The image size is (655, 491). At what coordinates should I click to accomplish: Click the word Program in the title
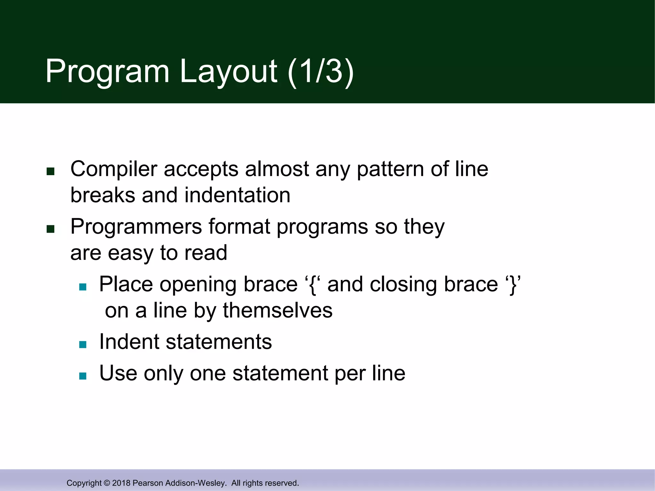(x=107, y=71)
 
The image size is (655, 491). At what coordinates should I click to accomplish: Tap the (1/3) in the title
(x=321, y=71)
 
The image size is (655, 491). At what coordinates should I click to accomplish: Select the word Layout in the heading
(x=228, y=71)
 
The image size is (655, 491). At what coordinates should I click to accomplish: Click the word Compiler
(x=114, y=169)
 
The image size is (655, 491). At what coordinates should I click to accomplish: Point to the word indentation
(x=237, y=195)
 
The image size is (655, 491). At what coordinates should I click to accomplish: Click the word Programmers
(x=136, y=227)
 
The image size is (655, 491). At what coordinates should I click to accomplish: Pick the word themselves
(x=278, y=310)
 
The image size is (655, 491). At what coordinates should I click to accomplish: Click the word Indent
(x=129, y=342)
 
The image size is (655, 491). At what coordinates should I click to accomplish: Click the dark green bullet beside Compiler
(x=51, y=172)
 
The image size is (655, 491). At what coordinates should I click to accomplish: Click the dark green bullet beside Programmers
(x=51, y=229)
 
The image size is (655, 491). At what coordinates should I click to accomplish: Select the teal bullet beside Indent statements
(x=83, y=344)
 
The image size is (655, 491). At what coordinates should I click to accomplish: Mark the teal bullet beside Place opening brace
(x=83, y=287)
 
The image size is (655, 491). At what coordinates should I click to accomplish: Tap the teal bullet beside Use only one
(x=83, y=376)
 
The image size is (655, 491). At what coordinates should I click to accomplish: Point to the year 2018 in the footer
(x=121, y=483)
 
